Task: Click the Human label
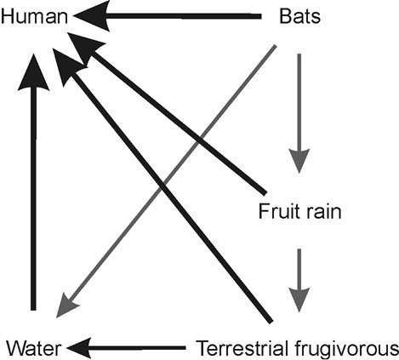pos(34,16)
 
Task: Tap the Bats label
pos(300,16)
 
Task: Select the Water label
pos(34,348)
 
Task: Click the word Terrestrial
pos(242,348)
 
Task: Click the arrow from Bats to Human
pos(168,16)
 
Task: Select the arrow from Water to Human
pos(33,181)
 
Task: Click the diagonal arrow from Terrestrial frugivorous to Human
pos(162,186)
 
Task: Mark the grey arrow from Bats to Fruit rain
pos(299,113)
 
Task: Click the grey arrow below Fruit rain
pos(299,281)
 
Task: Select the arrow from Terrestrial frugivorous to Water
pos(126,347)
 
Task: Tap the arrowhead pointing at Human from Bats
pos(92,16)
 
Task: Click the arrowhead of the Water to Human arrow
pos(34,72)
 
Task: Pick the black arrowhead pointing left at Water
pos(79,348)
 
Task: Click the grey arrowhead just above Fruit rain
pos(299,160)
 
